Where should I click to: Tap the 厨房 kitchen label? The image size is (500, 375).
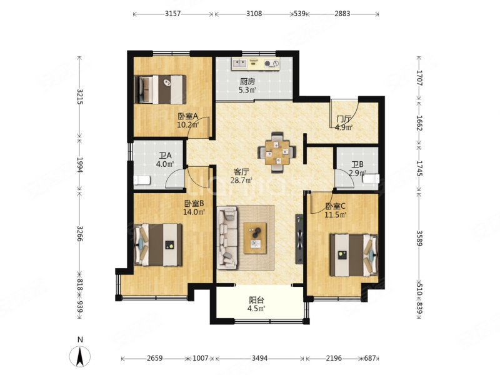[247, 81]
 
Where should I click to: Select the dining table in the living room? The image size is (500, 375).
[277, 152]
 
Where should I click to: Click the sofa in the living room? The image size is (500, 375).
[227, 237]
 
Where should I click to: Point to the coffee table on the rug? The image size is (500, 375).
[255, 238]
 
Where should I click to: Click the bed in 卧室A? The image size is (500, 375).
[160, 89]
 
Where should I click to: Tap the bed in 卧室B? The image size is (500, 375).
[159, 244]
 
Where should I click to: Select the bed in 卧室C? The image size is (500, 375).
[354, 255]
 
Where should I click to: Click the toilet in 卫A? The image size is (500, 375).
[142, 180]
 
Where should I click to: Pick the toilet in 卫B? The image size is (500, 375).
[371, 179]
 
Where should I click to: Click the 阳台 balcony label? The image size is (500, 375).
[257, 300]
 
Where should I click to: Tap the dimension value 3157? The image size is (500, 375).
[173, 14]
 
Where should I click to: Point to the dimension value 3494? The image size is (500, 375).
[259, 358]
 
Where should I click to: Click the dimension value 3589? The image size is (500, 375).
[419, 238]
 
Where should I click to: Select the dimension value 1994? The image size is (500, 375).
[80, 165]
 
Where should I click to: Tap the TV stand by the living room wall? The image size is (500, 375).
[299, 238]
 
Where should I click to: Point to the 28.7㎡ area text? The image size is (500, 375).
[241, 180]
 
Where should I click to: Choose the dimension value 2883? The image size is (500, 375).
[342, 14]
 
